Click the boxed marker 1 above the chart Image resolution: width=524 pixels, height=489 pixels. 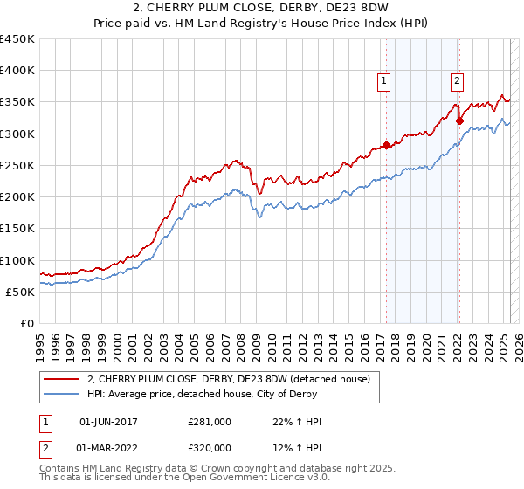click(x=384, y=82)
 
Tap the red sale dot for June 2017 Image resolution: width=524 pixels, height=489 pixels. click(x=386, y=146)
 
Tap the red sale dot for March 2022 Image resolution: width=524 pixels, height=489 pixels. click(x=459, y=121)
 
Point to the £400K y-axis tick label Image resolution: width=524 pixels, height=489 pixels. click(x=17, y=71)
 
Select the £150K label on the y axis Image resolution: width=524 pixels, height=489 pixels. click(x=17, y=229)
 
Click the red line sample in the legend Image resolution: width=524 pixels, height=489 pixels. click(x=62, y=379)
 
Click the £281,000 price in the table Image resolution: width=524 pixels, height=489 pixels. click(x=210, y=422)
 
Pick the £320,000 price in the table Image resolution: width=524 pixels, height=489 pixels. click(x=210, y=447)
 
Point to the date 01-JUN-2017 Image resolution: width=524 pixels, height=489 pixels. click(x=108, y=422)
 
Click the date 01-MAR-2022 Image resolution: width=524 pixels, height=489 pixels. click(x=108, y=447)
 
